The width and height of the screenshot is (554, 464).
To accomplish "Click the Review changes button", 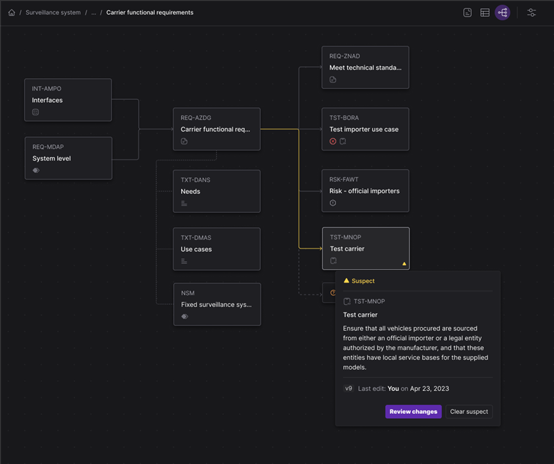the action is click(x=413, y=412).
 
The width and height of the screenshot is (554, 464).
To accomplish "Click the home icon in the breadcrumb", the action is click(x=12, y=12).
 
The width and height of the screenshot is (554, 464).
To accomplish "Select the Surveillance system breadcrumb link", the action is click(x=53, y=12).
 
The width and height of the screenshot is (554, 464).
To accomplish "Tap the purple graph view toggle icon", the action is click(x=503, y=13).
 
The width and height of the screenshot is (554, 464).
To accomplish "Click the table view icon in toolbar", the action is click(x=485, y=13).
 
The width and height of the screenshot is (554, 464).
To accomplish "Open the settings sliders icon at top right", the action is click(x=532, y=13).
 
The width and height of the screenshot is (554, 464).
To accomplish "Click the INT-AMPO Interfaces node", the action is click(x=68, y=100).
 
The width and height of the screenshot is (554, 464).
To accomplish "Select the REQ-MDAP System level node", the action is click(x=68, y=158).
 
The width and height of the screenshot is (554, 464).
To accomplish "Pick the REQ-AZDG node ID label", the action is click(x=196, y=118).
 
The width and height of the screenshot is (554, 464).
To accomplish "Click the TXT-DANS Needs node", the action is click(x=216, y=191).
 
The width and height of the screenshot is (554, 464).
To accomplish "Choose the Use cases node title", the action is click(x=196, y=249).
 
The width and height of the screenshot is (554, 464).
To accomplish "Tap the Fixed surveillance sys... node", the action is click(x=217, y=304).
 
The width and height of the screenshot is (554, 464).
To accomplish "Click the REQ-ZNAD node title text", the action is click(x=365, y=68).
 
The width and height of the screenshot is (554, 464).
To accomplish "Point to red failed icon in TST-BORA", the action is click(x=333, y=141).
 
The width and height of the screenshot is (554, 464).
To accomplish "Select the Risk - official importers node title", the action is click(x=364, y=191).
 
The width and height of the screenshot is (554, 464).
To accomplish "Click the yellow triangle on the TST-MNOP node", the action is click(x=404, y=264).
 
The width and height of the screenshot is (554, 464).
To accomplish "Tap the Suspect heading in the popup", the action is click(x=363, y=281).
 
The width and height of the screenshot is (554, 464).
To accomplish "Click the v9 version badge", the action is click(x=348, y=388).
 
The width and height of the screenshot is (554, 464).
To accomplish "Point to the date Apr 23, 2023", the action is click(x=429, y=388).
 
